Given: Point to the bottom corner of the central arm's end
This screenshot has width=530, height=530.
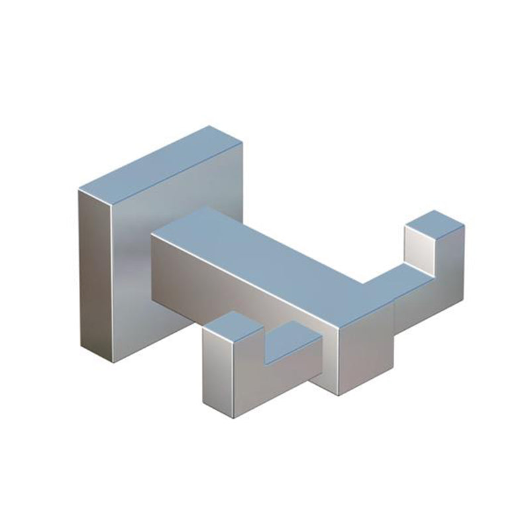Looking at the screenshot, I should pyautogui.click(x=339, y=395).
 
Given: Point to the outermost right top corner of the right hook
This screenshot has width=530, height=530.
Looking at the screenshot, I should pyautogui.click(x=464, y=225).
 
